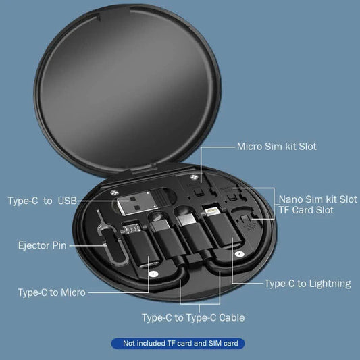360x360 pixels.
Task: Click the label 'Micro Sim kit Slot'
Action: (276, 146)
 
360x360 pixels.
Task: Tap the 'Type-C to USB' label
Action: (43, 201)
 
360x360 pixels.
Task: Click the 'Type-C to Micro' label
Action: (51, 292)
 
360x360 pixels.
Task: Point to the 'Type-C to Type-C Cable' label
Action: (192, 317)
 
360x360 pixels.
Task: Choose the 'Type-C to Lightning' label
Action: (307, 284)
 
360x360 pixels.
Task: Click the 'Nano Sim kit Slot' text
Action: (318, 199)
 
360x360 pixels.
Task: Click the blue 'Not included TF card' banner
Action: (180, 344)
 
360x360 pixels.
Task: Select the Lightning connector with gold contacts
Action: (211, 213)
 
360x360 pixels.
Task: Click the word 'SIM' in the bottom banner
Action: (210, 344)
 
